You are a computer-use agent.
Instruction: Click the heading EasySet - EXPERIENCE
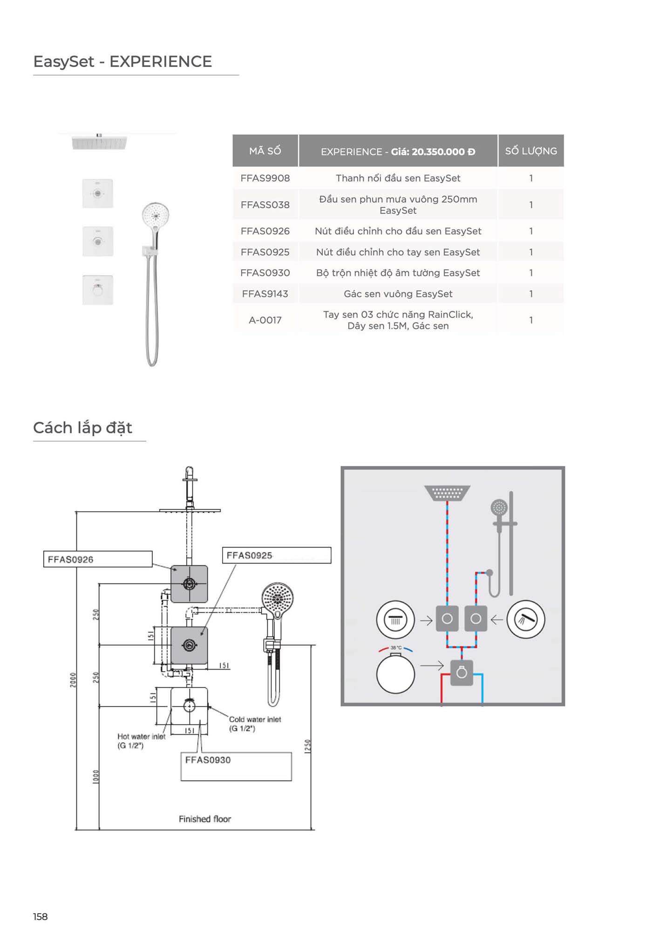pyautogui.click(x=122, y=62)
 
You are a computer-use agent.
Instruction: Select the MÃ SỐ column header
pyautogui.click(x=265, y=151)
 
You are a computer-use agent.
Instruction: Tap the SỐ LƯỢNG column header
pyautogui.click(x=531, y=151)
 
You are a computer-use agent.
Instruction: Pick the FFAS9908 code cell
pyautogui.click(x=265, y=178)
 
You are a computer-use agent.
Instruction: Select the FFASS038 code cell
pyautogui.click(x=265, y=205)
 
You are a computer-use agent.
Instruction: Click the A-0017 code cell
pyautogui.click(x=265, y=320)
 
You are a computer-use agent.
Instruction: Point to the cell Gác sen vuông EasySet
pyautogui.click(x=398, y=294)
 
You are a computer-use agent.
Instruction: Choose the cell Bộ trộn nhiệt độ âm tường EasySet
pyautogui.click(x=398, y=273)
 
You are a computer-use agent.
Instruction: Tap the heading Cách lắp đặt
pyautogui.click(x=82, y=428)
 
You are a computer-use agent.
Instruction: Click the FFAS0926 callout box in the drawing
pyautogui.click(x=97, y=559)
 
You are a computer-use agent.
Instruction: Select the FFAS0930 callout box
pyautogui.click(x=236, y=766)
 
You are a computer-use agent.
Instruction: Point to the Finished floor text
pyautogui.click(x=205, y=819)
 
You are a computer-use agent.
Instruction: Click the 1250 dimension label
pyautogui.click(x=307, y=746)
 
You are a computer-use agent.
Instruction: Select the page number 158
pyautogui.click(x=41, y=917)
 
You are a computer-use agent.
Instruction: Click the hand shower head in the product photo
pyautogui.click(x=156, y=216)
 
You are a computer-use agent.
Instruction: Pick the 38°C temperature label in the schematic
pyautogui.click(x=396, y=648)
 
